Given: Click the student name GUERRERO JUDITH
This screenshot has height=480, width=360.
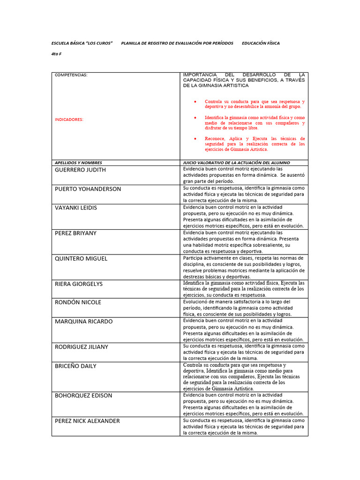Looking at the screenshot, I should coord(80,170).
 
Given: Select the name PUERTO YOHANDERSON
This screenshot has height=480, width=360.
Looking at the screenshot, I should coord(88,189).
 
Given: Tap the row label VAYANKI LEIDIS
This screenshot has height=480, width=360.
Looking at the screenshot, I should coord(76,208).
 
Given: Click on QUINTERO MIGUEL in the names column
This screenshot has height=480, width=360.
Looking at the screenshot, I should coord(81,258).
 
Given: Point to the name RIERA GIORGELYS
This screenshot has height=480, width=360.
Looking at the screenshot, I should coord(79,284).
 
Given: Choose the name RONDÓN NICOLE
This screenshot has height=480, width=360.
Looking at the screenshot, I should coord(78,302).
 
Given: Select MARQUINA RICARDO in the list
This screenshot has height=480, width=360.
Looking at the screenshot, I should coord(83,322).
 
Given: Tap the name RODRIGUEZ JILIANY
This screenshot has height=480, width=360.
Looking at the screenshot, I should coord(82,347).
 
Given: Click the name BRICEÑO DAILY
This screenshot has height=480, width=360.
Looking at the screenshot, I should coord(75,366).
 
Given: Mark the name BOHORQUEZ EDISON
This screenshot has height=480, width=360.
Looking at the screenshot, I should coord(83,395).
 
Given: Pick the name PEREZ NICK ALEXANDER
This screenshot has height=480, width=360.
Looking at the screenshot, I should coord(87,421).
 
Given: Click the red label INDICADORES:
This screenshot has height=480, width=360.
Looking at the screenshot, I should coord(69,120).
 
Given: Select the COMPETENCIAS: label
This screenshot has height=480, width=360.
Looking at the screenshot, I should coord(71,75).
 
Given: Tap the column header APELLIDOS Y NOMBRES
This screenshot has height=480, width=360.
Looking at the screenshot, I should coord(78,163).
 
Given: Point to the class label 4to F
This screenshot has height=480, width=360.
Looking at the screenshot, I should coord(56,54).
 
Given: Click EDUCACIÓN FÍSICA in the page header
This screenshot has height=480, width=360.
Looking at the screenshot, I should coord(261,43).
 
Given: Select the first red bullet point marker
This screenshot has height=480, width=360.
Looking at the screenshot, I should coord(195,102).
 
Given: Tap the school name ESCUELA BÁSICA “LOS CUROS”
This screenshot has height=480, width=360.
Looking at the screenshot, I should coord(82,43).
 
